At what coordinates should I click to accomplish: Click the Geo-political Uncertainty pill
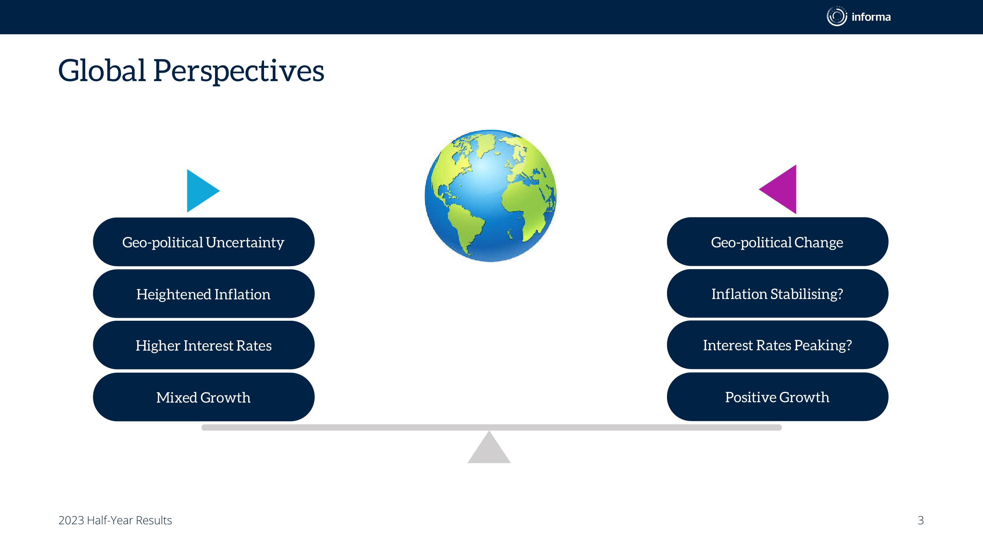tap(204, 242)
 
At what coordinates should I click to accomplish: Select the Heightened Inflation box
tap(204, 294)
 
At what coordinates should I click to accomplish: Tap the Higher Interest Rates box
tap(204, 345)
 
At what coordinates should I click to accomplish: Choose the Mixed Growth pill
tap(204, 397)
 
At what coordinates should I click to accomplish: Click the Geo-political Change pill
tap(777, 241)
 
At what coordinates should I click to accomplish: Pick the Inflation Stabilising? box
tap(777, 293)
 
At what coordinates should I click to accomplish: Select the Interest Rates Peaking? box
tap(777, 345)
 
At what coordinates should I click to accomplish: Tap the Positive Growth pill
tap(777, 397)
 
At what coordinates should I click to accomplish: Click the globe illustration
tap(490, 196)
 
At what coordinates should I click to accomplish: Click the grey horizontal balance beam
tap(491, 427)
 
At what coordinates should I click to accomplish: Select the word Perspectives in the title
tap(239, 72)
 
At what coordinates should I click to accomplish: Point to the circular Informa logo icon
tap(837, 17)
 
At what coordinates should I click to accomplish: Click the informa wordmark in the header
tap(871, 17)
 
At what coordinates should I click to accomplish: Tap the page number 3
tap(920, 520)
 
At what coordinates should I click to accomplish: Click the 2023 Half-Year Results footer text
tap(115, 520)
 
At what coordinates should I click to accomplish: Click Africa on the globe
tap(528, 208)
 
